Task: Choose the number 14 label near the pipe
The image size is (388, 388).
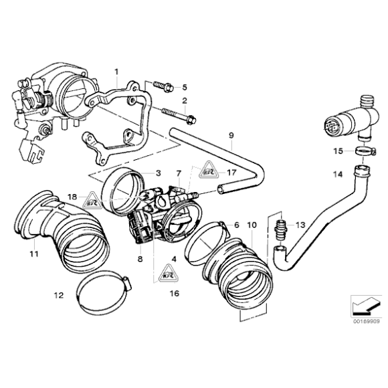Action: point(338,175)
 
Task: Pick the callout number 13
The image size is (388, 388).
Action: point(300,225)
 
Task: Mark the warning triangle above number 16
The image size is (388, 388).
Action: point(166,274)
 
